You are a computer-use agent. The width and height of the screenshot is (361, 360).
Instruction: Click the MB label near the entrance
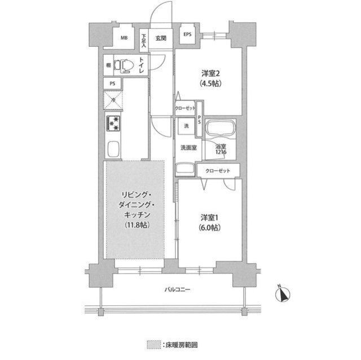click(x=124, y=38)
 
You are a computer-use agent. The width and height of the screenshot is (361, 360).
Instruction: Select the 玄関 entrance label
click(x=161, y=38)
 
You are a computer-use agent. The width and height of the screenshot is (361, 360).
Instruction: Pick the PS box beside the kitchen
click(x=113, y=83)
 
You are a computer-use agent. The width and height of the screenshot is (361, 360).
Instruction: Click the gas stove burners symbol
click(x=113, y=123)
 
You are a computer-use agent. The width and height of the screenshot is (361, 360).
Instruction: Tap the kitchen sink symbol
click(x=113, y=150)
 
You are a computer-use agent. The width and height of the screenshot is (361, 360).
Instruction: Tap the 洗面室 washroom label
click(x=188, y=148)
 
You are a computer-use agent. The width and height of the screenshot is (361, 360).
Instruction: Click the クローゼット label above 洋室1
click(x=217, y=170)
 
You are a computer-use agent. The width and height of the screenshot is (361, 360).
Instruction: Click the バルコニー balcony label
click(x=178, y=290)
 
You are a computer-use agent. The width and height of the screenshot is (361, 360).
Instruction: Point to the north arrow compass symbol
click(x=284, y=293)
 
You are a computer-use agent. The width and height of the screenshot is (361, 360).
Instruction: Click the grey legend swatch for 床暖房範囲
click(x=151, y=343)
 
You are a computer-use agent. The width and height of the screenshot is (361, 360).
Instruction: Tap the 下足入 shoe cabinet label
click(x=144, y=39)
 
